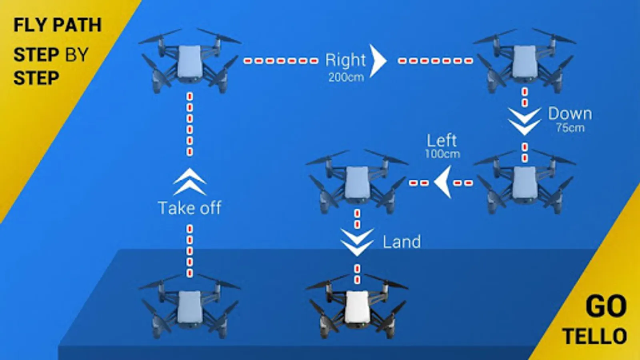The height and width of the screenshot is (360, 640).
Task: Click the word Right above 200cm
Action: [x=346, y=60]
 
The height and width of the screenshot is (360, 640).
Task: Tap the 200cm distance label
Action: [x=346, y=78]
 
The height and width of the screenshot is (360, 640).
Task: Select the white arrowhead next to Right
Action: [x=378, y=61]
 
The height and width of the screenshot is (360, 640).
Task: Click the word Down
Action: [x=570, y=114]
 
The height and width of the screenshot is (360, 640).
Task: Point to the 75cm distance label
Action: [x=570, y=128]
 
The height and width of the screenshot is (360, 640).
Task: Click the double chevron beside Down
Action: [x=524, y=122]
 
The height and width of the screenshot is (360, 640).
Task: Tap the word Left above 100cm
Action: [x=442, y=140]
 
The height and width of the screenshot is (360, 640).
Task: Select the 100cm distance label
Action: [x=442, y=154]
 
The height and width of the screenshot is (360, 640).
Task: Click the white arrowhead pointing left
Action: [x=443, y=182]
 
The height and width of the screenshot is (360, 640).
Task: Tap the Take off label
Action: [x=190, y=208]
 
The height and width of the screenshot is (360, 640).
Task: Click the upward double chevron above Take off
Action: [x=190, y=182]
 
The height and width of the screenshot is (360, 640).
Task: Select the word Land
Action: [x=402, y=242]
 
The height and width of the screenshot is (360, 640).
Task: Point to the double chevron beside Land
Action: [x=357, y=242]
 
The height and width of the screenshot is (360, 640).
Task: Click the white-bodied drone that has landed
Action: [x=357, y=306]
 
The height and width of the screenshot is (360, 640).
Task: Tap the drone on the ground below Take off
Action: [x=190, y=306]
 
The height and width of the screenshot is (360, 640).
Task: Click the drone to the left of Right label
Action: [x=190, y=60]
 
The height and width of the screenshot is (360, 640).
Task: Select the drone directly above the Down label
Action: [x=524, y=60]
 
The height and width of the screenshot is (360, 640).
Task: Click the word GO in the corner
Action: [x=606, y=306]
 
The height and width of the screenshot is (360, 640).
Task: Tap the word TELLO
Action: [x=595, y=336]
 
